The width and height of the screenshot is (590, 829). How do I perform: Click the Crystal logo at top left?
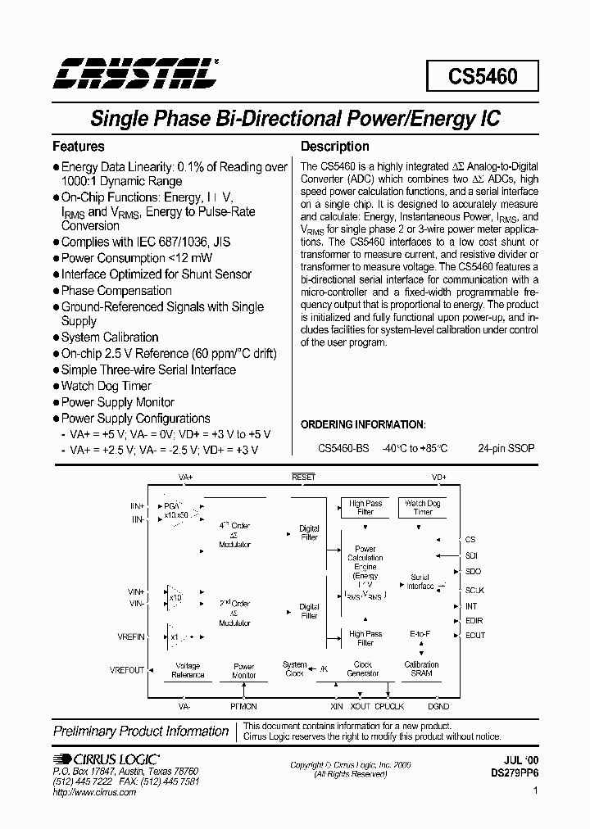tap(136, 74)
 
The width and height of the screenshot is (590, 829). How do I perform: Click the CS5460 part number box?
tap(483, 76)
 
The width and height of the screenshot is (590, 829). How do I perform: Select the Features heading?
tap(79, 147)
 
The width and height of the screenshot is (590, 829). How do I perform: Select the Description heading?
tap(334, 147)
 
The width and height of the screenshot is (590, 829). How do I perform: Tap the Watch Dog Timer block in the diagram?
tap(422, 507)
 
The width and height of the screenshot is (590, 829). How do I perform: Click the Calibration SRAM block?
tap(421, 668)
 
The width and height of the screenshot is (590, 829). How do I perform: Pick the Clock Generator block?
tap(362, 668)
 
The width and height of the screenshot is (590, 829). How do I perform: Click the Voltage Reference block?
tap(188, 670)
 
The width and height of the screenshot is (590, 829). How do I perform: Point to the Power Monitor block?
tap(244, 670)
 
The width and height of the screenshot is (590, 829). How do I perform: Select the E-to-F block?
tap(420, 634)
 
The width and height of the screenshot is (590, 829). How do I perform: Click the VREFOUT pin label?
tap(127, 669)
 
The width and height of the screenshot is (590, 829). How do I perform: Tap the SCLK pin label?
tap(474, 590)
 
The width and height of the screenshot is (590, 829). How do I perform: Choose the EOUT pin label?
tap(475, 635)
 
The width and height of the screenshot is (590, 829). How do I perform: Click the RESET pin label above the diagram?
tap(303, 477)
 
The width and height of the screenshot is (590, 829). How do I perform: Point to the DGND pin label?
tap(438, 705)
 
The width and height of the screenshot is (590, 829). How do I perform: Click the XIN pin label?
tap(337, 705)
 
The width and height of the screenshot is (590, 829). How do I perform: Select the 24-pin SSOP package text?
tap(506, 448)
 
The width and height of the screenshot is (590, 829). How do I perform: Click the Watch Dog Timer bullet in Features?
tap(106, 386)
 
